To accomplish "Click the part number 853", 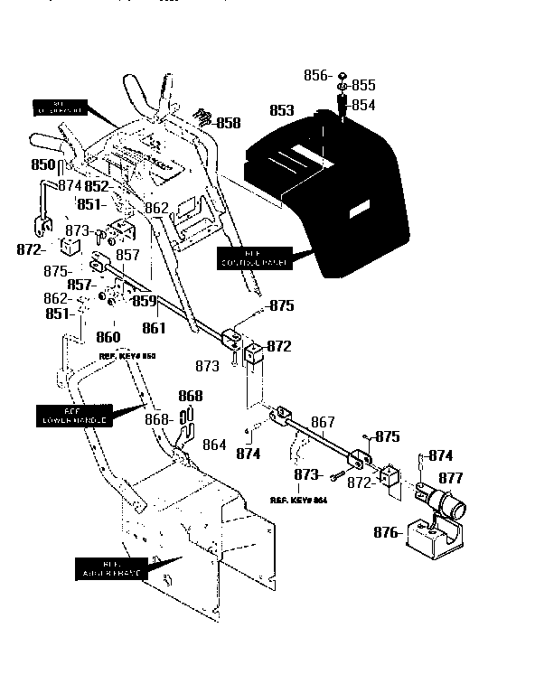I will (281, 110).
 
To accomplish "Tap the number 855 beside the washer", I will (363, 86).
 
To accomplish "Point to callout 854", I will (363, 105).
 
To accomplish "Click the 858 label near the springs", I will (228, 123).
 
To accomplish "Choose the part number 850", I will (43, 165).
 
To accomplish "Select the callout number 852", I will (97, 186).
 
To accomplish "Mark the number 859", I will (144, 301).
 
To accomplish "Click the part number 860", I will (108, 337).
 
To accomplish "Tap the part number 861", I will (155, 328).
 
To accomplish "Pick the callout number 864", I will (214, 444).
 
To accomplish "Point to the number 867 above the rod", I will (323, 422).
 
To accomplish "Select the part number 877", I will (451, 478).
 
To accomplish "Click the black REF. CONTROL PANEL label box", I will (255, 258).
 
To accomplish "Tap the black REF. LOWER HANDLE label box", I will (74, 416).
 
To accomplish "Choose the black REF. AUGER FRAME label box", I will (108, 569).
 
